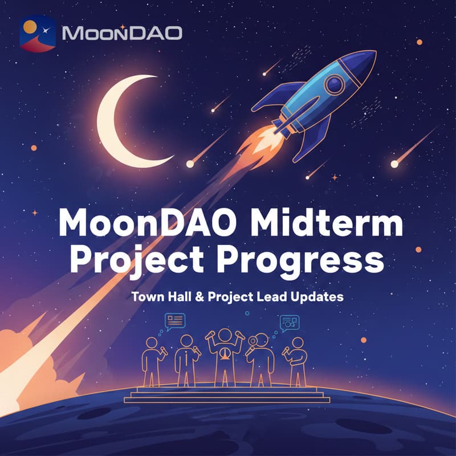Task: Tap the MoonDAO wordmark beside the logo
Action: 121,33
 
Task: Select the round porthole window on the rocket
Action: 336,85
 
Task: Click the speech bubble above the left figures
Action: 175,320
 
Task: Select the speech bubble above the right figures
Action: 290,323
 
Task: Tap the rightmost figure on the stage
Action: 298,361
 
